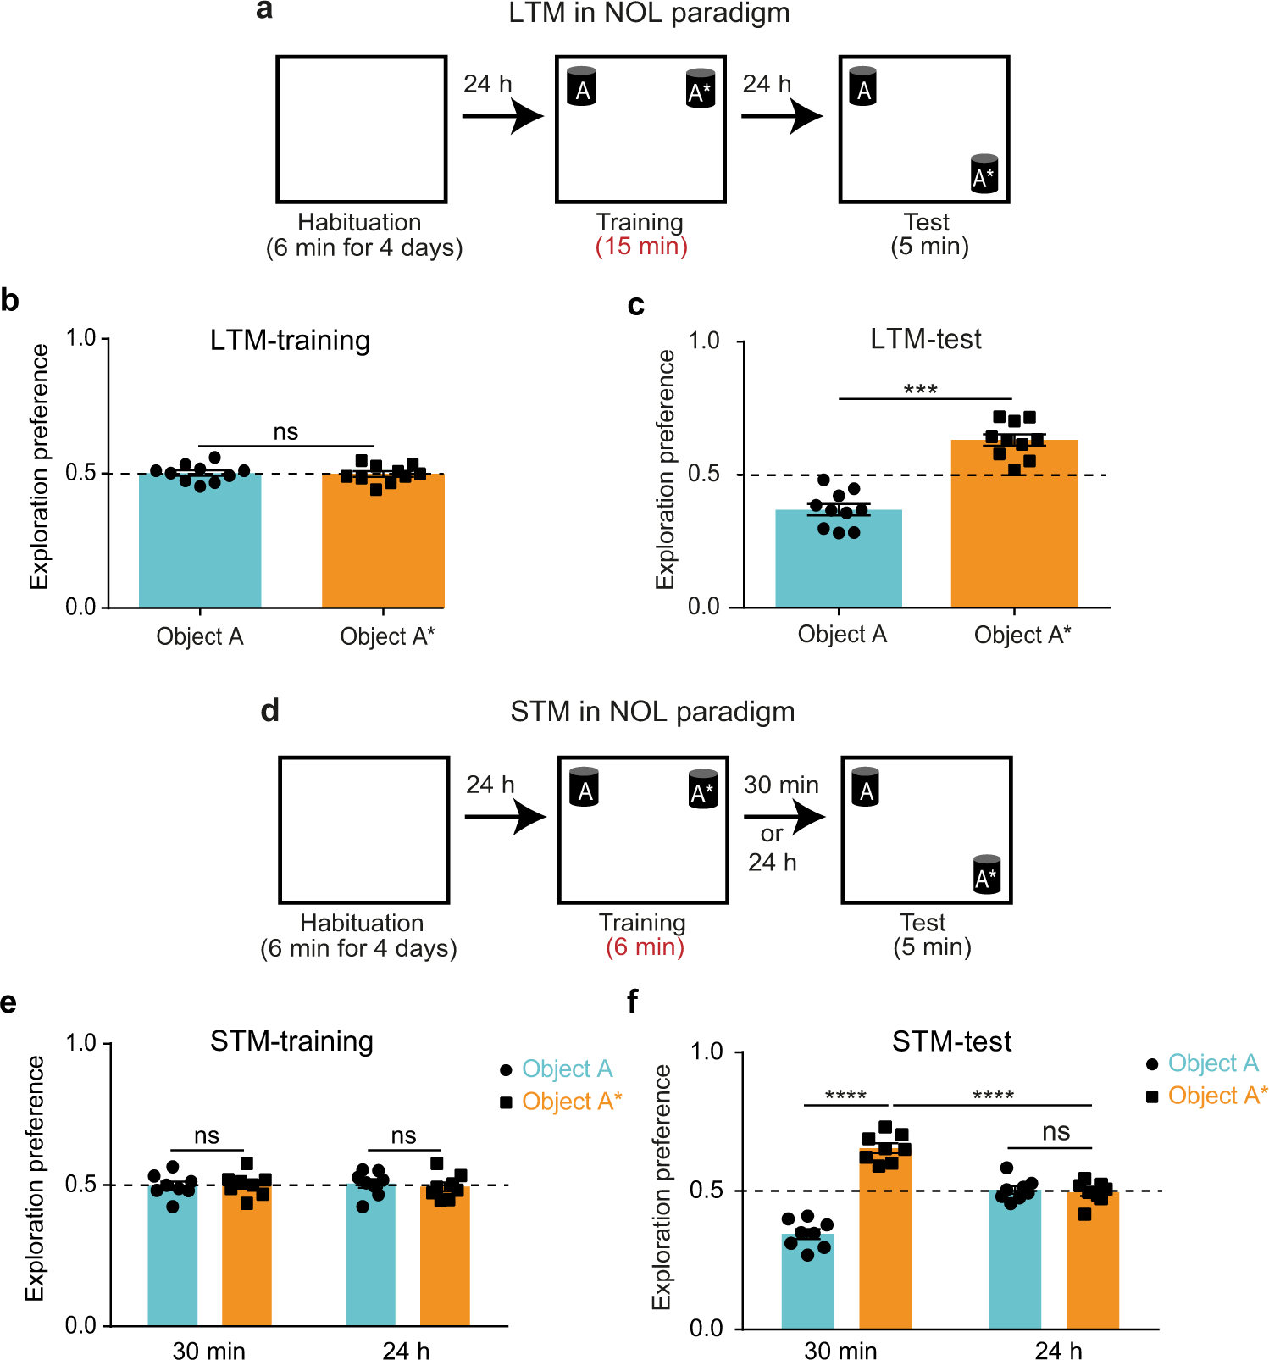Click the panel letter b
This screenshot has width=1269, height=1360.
(10, 300)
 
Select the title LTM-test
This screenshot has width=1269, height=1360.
(926, 339)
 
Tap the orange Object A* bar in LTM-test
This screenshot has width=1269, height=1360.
(1014, 523)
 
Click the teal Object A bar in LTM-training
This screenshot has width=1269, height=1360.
(200, 540)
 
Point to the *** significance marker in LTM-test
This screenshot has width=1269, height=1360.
(921, 390)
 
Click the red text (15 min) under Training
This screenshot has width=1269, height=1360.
(641, 247)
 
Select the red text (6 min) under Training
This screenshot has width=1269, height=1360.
(645, 947)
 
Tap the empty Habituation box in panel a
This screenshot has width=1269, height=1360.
(362, 130)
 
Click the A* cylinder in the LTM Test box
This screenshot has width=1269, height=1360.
(984, 174)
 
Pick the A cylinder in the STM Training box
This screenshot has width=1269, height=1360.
(585, 786)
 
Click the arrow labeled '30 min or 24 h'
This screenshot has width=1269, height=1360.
(784, 817)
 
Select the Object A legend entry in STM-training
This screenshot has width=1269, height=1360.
(556, 1069)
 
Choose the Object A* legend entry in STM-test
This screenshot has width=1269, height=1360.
(1207, 1096)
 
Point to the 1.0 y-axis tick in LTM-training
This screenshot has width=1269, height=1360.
(81, 338)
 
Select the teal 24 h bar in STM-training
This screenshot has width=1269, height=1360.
(370, 1255)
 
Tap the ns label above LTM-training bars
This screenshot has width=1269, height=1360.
(285, 432)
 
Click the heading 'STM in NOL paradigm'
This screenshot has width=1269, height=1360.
(652, 712)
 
